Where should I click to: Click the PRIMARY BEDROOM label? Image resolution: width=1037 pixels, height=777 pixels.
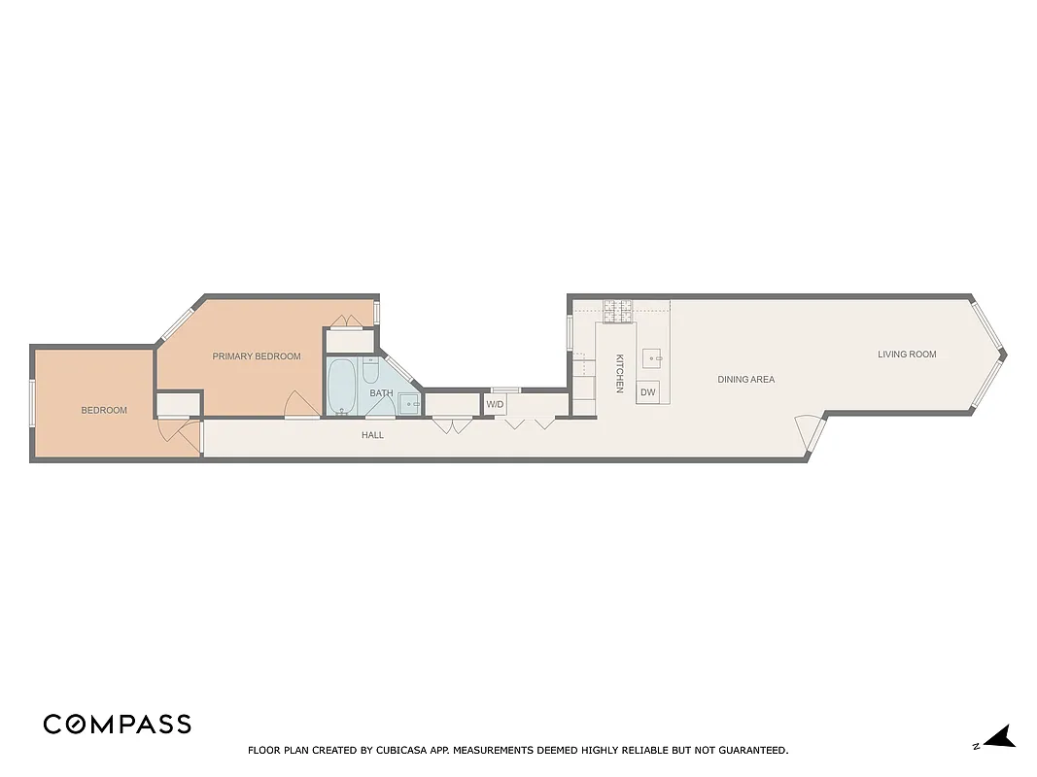pyautogui.click(x=257, y=356)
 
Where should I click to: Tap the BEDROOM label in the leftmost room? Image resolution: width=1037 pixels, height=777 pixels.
pyautogui.click(x=104, y=410)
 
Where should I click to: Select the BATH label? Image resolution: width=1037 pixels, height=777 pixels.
pyautogui.click(x=381, y=393)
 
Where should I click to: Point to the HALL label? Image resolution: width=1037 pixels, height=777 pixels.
pyautogui.click(x=372, y=435)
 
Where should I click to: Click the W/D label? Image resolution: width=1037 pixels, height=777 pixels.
pyautogui.click(x=495, y=404)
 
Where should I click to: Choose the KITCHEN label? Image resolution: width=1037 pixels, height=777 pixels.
pyautogui.click(x=619, y=374)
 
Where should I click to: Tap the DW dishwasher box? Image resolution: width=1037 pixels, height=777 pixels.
pyautogui.click(x=647, y=392)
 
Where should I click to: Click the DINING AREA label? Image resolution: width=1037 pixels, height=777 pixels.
pyautogui.click(x=746, y=380)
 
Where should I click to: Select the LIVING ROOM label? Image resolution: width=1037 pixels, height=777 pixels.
pyautogui.click(x=907, y=355)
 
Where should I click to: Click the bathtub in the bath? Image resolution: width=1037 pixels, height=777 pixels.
pyautogui.click(x=341, y=387)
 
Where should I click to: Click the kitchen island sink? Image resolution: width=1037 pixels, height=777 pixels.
pyautogui.click(x=652, y=356)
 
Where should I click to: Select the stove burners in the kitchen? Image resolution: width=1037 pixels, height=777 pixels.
pyautogui.click(x=617, y=312)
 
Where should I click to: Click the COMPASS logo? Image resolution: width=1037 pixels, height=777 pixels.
pyautogui.click(x=117, y=725)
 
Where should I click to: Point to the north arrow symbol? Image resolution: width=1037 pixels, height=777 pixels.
pyautogui.click(x=999, y=737)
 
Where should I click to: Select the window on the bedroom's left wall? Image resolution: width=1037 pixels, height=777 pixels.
pyautogui.click(x=32, y=402)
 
